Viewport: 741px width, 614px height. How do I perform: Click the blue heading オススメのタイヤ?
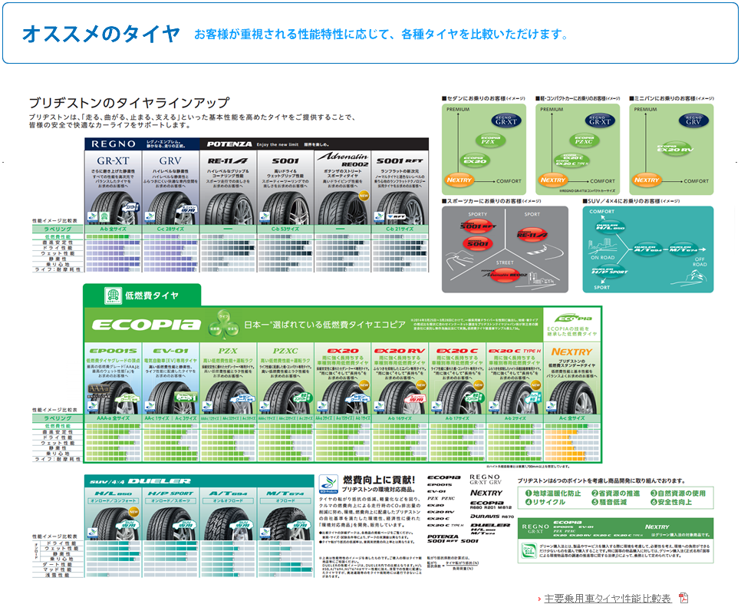101,34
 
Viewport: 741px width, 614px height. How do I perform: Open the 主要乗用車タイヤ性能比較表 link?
608,598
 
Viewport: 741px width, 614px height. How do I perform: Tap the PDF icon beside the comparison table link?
683,598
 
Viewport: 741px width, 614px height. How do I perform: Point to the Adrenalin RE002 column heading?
343,160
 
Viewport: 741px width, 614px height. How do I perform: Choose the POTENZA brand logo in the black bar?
229,144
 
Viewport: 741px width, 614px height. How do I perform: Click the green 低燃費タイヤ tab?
142,295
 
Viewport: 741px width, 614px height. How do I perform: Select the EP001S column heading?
113,352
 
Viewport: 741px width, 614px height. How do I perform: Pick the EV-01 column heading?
170,352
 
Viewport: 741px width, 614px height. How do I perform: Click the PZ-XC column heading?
285,352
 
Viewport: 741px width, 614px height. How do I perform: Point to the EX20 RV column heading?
400,352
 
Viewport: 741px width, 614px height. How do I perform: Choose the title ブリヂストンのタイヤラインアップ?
128,102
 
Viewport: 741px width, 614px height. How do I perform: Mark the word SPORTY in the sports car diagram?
478,214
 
